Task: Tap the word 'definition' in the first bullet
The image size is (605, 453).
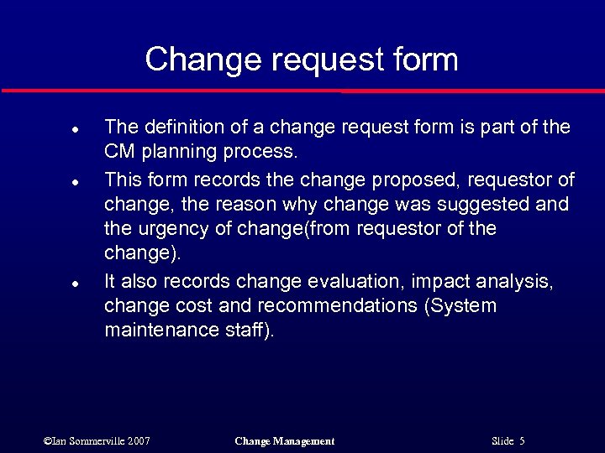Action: (x=183, y=128)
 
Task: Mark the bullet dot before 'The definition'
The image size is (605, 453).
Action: (x=74, y=131)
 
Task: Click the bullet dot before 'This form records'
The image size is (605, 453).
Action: (x=74, y=182)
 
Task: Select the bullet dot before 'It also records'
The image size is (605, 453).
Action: (x=74, y=284)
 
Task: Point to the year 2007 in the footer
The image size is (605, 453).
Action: (x=139, y=441)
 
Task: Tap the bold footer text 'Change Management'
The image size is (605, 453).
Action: (x=284, y=441)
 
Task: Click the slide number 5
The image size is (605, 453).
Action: (x=522, y=441)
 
